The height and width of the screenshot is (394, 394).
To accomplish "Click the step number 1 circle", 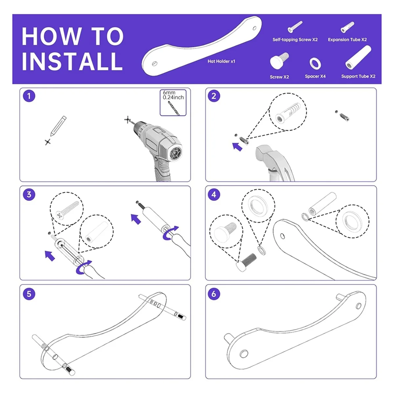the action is tap(29, 96).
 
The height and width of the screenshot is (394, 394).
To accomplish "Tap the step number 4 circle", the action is tap(214, 194).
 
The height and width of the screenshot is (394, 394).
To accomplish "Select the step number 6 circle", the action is tap(214, 294).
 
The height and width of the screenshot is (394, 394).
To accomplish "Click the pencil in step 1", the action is tap(58, 126).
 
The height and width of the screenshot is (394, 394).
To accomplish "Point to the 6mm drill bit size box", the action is tap(173, 103).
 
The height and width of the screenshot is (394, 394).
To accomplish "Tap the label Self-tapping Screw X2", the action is tap(295, 40).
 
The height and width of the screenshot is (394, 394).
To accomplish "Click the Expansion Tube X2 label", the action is tap(347, 40).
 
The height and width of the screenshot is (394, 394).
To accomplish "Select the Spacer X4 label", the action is tap(315, 76).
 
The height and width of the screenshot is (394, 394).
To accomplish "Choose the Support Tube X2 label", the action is tap(358, 76).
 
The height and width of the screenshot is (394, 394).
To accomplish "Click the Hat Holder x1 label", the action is tap(221, 61).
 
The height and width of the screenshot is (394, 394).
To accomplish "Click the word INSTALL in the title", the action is tap(72, 61).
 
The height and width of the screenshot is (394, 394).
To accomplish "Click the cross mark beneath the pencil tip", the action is tap(48, 142).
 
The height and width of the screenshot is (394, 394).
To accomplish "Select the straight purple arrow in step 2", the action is tap(237, 147).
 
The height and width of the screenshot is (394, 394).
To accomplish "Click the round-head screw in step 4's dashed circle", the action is tap(225, 232).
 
